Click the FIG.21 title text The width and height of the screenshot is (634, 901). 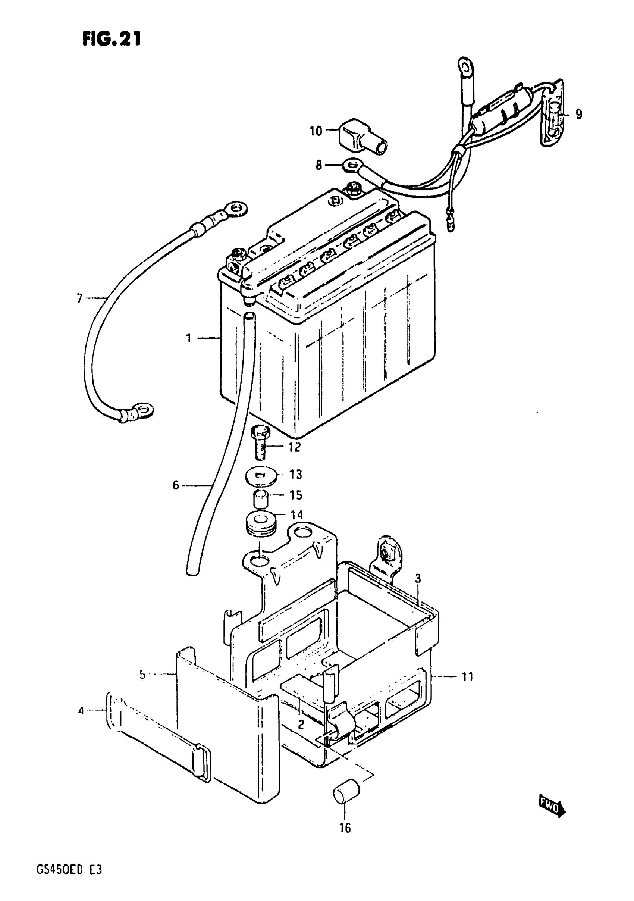[112, 39]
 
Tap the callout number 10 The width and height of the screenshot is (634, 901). [316, 131]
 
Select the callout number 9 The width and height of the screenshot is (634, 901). [579, 115]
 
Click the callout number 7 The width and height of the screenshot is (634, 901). [80, 298]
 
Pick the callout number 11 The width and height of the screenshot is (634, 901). [467, 676]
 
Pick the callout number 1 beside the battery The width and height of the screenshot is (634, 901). [189, 338]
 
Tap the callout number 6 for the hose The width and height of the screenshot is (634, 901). [175, 485]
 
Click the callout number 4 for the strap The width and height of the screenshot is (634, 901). [81, 711]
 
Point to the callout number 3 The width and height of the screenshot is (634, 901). [418, 578]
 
